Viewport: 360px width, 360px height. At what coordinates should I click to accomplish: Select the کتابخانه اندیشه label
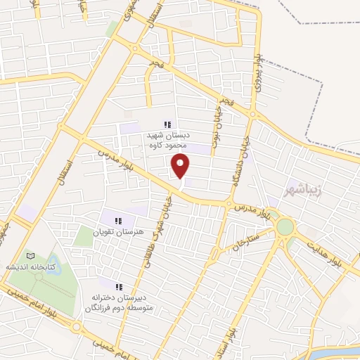pyautogui.click(x=50, y=267)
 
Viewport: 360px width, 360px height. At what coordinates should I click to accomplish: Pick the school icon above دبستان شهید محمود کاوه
pyautogui.click(x=167, y=124)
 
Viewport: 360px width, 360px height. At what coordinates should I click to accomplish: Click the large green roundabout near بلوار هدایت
pyautogui.click(x=285, y=226)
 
